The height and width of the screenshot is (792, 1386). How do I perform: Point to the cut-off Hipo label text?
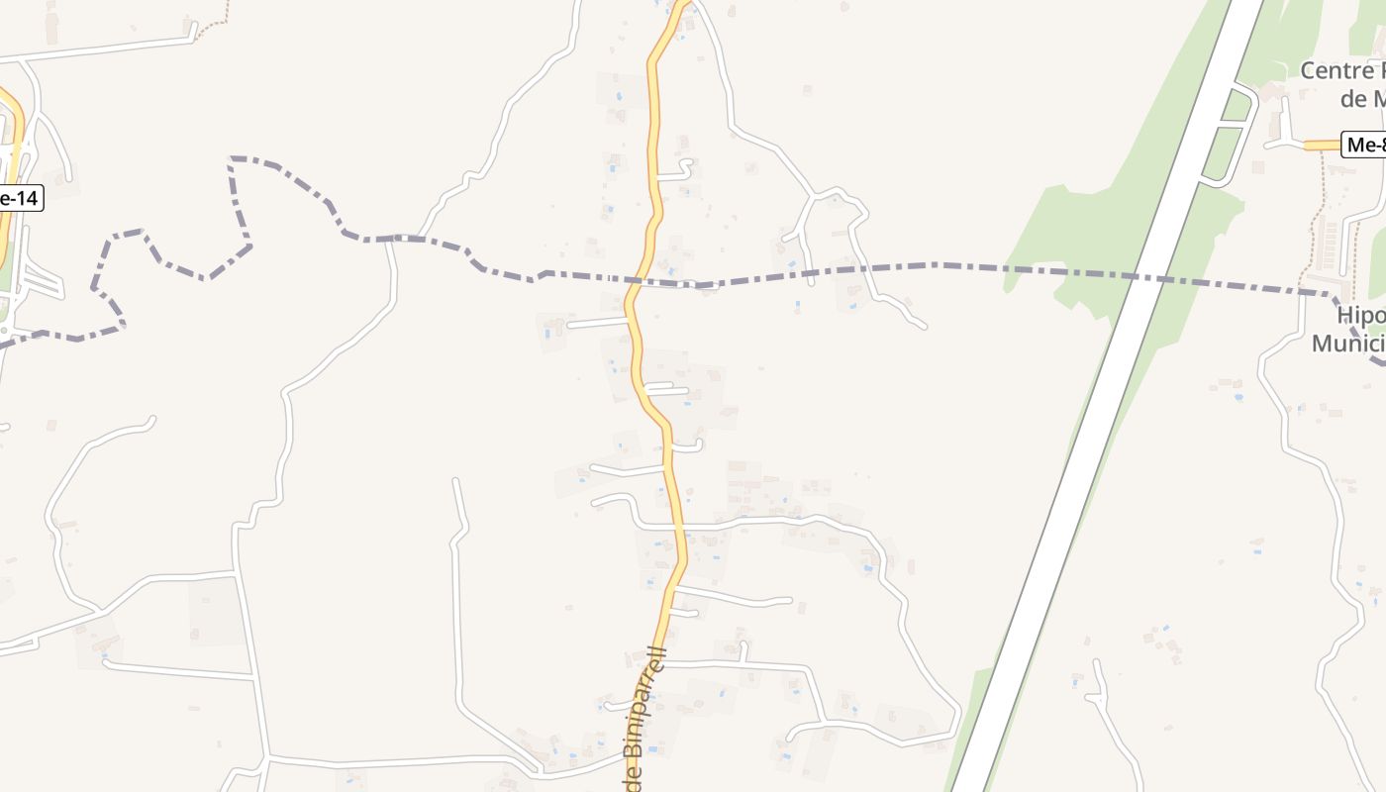1360,316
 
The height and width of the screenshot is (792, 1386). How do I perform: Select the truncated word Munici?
1347,344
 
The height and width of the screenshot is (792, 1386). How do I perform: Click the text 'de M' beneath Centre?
1361,99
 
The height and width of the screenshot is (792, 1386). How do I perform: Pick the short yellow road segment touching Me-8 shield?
1323,146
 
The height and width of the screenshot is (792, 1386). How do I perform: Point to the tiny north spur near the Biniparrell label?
743,651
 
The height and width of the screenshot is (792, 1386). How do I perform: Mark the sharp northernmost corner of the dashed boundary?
232,158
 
